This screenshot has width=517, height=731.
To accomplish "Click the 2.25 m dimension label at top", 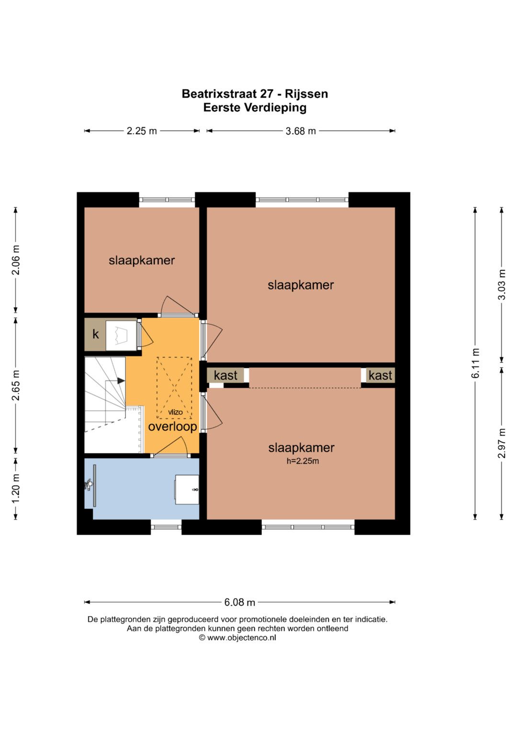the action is pyautogui.click(x=142, y=131).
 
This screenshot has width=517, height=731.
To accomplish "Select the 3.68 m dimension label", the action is pyautogui.click(x=301, y=131).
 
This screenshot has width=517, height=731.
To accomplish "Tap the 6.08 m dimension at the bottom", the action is pyautogui.click(x=239, y=602).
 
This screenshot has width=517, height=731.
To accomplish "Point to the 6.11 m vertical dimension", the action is pyautogui.click(x=475, y=363).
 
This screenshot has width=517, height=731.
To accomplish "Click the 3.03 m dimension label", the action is pyautogui.click(x=502, y=284).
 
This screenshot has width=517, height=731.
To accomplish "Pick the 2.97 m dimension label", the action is pyautogui.click(x=502, y=443).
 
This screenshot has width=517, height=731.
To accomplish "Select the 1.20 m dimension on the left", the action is pyautogui.click(x=16, y=488).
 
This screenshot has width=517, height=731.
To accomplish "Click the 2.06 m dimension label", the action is pyautogui.click(x=16, y=260).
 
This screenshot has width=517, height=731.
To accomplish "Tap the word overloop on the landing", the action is pyautogui.click(x=173, y=427).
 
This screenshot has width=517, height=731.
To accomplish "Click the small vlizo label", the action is pyautogui.click(x=175, y=412).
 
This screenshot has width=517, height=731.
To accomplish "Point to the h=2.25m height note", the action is pyautogui.click(x=303, y=461).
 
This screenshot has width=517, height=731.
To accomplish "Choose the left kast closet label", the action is pyautogui.click(x=225, y=375).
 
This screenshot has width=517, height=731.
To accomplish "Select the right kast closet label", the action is pyautogui.click(x=380, y=375).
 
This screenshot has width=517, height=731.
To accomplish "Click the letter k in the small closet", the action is pyautogui.click(x=96, y=334).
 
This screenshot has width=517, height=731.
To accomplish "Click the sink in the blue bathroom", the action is pyautogui.click(x=187, y=490).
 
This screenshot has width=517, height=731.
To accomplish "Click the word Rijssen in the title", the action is pyautogui.click(x=306, y=94).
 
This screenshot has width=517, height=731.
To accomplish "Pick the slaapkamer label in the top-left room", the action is pyautogui.click(x=142, y=260).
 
